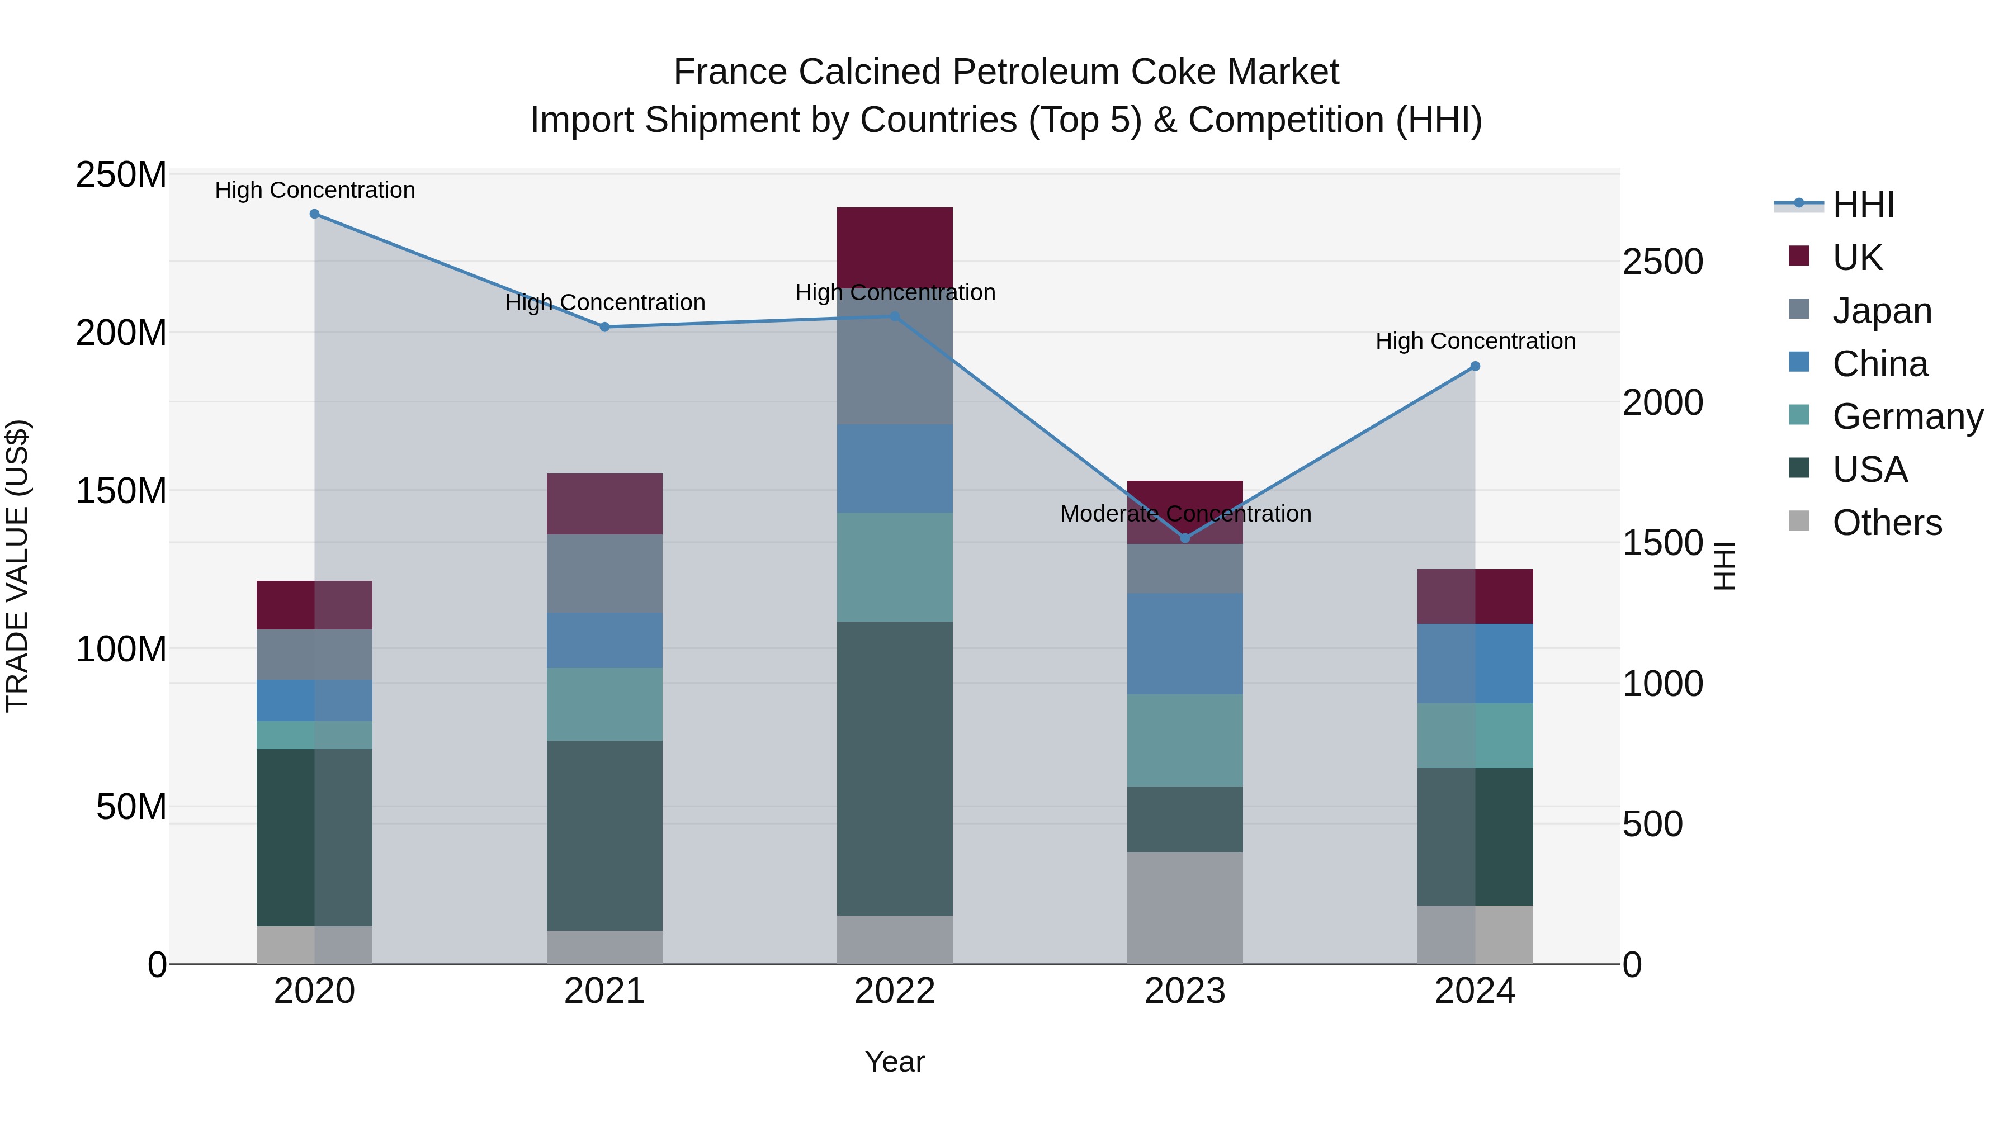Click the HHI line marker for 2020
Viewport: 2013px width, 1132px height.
pyautogui.click(x=314, y=214)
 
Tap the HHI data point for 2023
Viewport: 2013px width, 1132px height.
pyautogui.click(x=1185, y=538)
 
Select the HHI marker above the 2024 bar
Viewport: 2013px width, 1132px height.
pyautogui.click(x=1475, y=366)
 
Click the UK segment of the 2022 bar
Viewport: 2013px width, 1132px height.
pyautogui.click(x=894, y=247)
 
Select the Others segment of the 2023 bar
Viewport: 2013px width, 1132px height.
pyautogui.click(x=1185, y=908)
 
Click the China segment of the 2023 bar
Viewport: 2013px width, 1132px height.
pyautogui.click(x=1185, y=644)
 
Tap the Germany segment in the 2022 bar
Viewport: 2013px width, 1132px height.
pyautogui.click(x=894, y=567)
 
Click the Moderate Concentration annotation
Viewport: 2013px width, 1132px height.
pyautogui.click(x=1185, y=514)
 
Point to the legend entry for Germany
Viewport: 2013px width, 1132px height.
pyautogui.click(x=1907, y=416)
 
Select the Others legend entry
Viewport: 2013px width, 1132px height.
pyautogui.click(x=1887, y=523)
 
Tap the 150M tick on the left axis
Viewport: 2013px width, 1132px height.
pyautogui.click(x=121, y=491)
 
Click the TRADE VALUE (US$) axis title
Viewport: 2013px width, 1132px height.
pyautogui.click(x=17, y=566)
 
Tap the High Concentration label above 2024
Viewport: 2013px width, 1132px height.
pyautogui.click(x=1475, y=342)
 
